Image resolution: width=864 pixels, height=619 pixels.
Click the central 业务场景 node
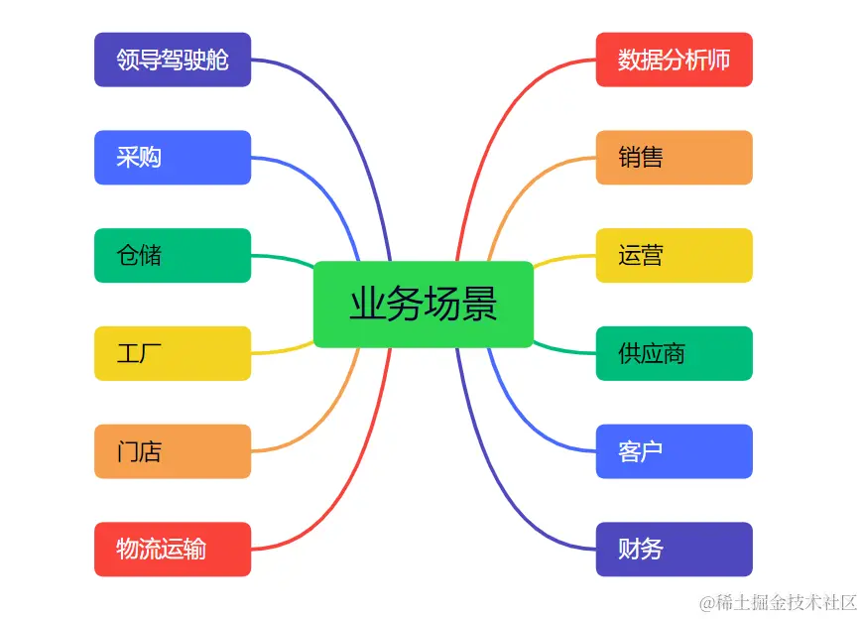click(424, 305)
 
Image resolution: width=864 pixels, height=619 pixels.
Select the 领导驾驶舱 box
click(173, 60)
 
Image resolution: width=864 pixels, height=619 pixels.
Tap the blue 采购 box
click(173, 158)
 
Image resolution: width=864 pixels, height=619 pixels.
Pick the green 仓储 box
click(173, 256)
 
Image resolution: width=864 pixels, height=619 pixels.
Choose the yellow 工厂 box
click(173, 353)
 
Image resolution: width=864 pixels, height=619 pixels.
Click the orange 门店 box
click(173, 451)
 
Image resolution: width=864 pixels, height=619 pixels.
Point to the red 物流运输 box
click(173, 550)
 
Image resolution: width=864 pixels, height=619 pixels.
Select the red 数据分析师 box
click(675, 60)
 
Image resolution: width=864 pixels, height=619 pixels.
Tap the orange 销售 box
click(675, 158)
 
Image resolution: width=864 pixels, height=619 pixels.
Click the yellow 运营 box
click(675, 256)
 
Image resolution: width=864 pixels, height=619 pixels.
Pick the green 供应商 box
click(675, 353)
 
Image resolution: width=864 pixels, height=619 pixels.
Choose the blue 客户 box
click(675, 451)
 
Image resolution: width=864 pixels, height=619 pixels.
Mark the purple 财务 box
click(675, 550)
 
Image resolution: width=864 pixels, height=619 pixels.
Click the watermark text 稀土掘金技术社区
click(778, 602)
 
